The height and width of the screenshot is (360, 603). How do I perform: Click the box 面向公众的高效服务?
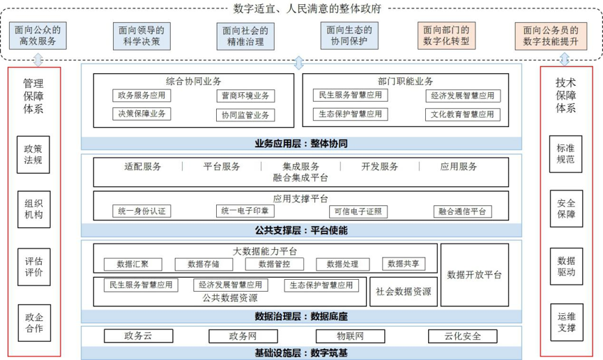(x=38, y=36)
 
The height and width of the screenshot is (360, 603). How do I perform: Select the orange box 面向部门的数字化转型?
(x=446, y=36)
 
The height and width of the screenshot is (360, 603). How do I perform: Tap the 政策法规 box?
(x=33, y=154)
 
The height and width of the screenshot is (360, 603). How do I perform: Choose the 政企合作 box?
(x=34, y=322)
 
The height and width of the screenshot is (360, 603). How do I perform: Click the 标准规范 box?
(x=565, y=153)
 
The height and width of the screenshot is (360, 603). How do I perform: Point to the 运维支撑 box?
(x=567, y=322)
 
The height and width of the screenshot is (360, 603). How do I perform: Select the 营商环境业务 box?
(x=245, y=96)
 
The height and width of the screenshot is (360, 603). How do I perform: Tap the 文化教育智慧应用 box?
(x=463, y=114)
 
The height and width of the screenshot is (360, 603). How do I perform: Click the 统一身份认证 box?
(x=142, y=211)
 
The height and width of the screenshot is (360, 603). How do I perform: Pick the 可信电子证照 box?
(x=358, y=211)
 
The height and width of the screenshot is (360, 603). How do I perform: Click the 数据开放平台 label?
(x=474, y=275)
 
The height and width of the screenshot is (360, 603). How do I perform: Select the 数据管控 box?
(x=274, y=264)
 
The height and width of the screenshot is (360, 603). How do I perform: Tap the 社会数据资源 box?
(x=404, y=292)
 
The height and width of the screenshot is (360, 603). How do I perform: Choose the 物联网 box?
(x=350, y=336)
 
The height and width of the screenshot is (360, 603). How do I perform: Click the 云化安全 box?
(x=463, y=336)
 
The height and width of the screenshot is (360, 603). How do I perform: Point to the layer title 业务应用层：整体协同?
(x=301, y=144)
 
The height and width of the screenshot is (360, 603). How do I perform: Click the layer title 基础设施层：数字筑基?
(x=301, y=353)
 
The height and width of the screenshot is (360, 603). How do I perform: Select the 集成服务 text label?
(x=300, y=166)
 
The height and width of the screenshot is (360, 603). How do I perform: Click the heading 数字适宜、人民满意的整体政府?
(x=307, y=8)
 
